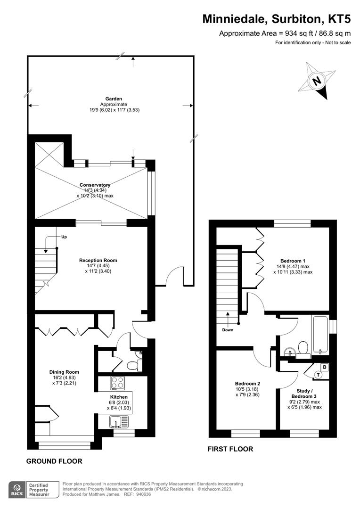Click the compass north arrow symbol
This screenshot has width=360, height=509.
(317, 81)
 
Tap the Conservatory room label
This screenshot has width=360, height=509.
(95, 185)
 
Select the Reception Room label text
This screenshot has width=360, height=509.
(98, 260)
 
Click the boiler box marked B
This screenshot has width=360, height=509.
(325, 367)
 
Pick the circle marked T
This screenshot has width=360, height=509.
(318, 375)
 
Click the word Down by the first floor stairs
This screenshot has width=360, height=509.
(228, 330)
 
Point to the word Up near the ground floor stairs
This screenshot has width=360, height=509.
(64, 237)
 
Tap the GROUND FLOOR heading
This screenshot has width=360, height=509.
(54, 461)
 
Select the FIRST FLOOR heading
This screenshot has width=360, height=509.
(230, 449)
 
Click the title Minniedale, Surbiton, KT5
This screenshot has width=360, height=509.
(277, 19)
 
